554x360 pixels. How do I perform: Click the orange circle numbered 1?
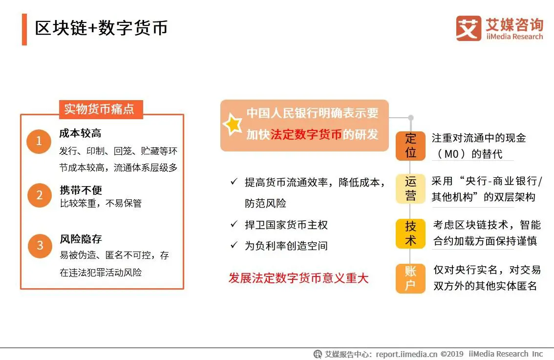[39, 141]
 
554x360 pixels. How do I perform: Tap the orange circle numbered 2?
[40, 195]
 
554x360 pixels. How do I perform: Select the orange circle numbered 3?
[40, 246]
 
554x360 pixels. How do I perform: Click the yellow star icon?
[233, 125]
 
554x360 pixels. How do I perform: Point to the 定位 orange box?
[410, 146]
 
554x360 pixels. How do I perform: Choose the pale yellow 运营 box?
[410, 189]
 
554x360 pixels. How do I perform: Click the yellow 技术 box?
[410, 233]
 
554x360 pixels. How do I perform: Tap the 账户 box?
[410, 278]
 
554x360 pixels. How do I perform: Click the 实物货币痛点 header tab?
[101, 109]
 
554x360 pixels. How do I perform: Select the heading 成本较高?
[80, 133]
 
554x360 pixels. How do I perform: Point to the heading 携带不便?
[81, 190]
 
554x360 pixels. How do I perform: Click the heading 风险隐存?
[81, 239]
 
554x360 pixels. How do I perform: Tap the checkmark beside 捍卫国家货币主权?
[234, 224]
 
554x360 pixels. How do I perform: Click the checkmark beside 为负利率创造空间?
[234, 245]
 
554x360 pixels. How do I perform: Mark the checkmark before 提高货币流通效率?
[234, 182]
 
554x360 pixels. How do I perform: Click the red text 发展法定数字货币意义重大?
[298, 278]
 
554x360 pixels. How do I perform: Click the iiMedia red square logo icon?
[469, 28]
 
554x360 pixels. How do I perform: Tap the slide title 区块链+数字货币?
[102, 28]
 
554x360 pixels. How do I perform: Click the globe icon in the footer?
[318, 354]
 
